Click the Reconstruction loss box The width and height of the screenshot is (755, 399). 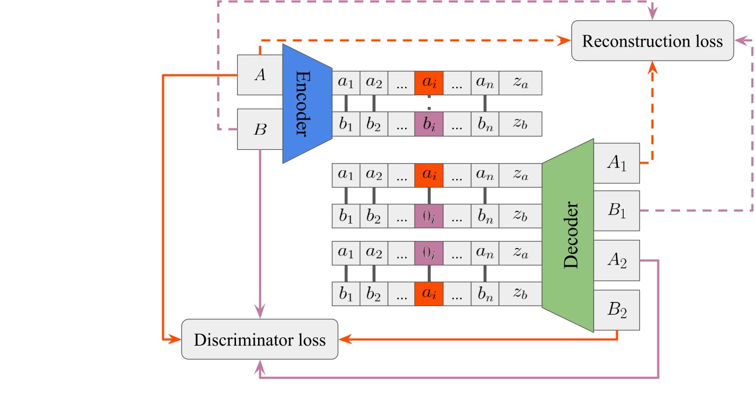[652, 41]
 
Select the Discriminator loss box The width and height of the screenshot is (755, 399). [260, 339]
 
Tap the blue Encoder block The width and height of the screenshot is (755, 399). [306, 103]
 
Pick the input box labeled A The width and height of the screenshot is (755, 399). [260, 75]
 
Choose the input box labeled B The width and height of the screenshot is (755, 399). [260, 129]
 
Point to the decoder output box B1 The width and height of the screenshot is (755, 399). [616, 210]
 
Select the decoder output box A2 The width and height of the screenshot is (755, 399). [616, 260]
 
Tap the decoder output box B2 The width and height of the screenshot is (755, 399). [616, 310]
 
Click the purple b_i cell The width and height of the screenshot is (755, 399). [428, 124]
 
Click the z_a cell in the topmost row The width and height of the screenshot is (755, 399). [520, 82]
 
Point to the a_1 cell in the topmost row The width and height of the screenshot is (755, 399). [346, 82]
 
